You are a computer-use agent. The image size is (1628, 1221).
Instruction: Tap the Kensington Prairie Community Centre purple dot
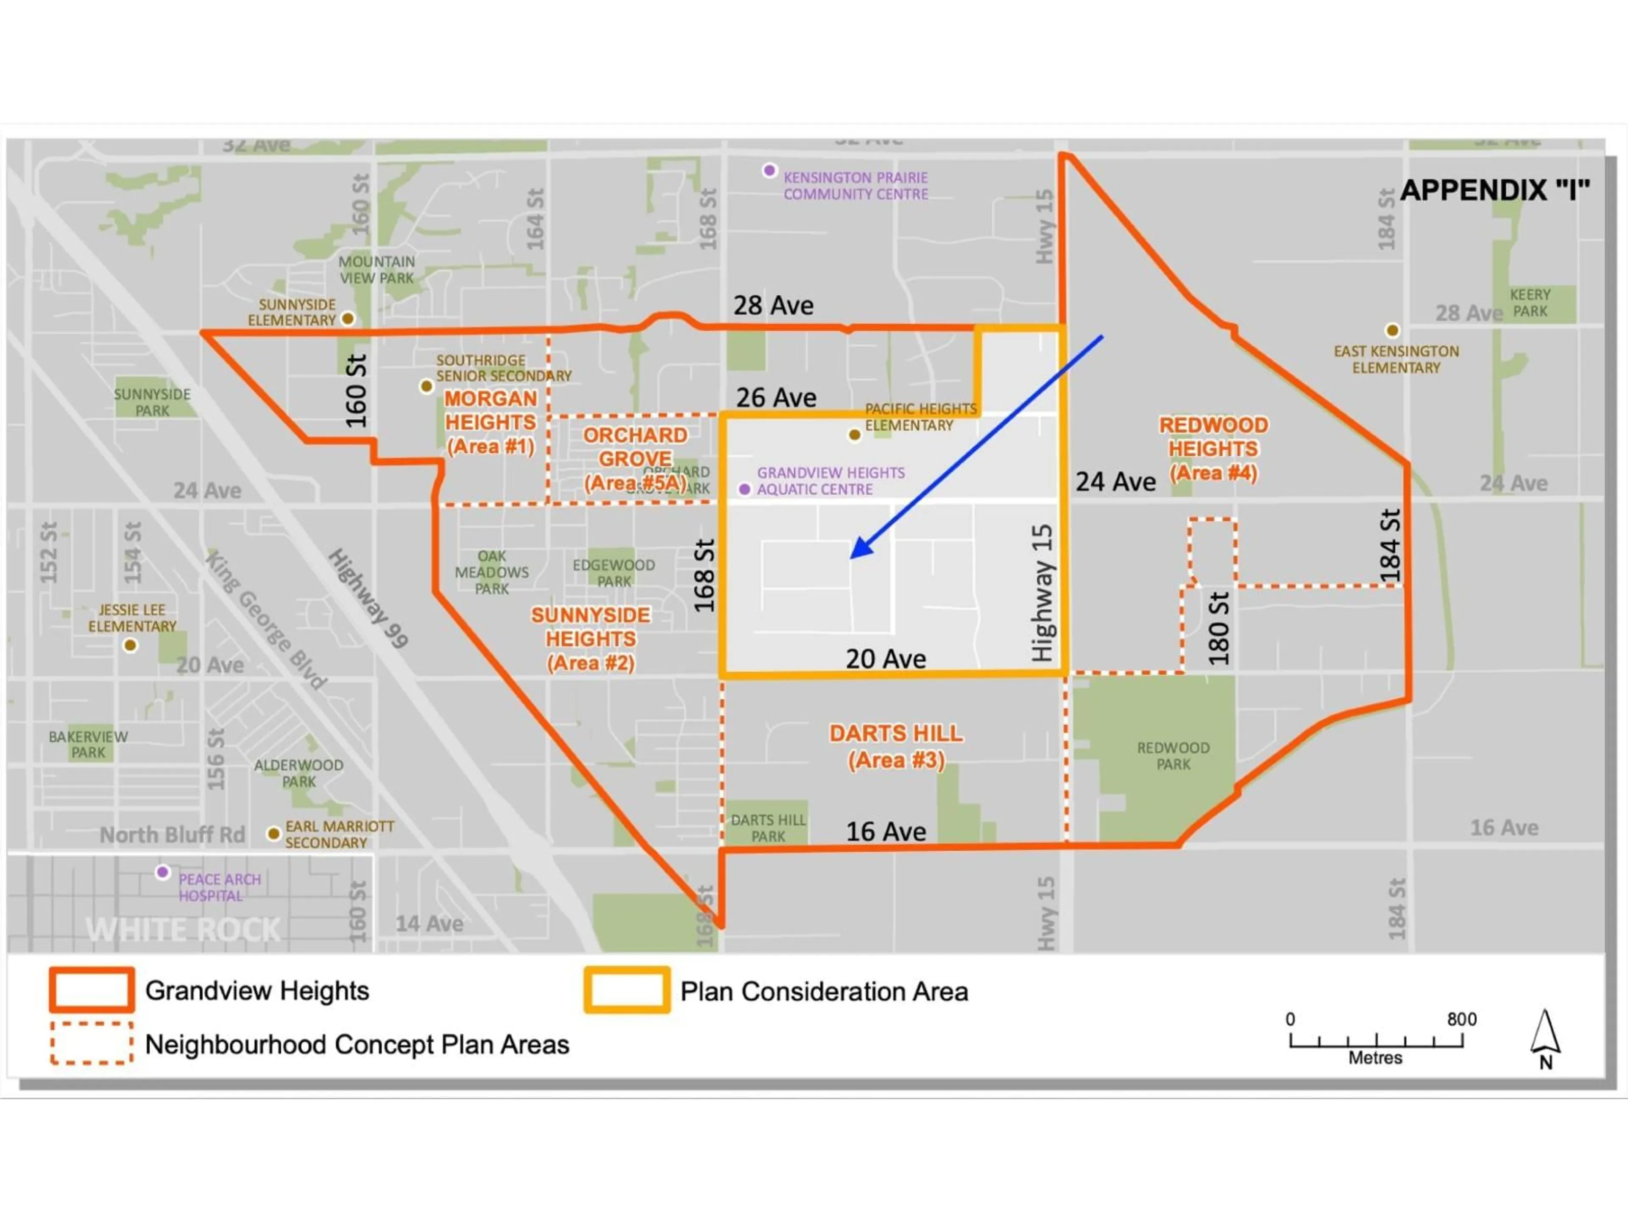(x=769, y=171)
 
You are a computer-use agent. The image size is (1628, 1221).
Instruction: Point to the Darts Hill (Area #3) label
(x=896, y=746)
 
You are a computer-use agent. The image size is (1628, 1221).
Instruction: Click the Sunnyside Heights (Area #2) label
(x=590, y=639)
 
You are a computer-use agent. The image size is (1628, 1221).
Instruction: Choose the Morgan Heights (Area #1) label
(x=490, y=422)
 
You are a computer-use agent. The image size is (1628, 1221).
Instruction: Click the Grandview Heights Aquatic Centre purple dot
(x=745, y=489)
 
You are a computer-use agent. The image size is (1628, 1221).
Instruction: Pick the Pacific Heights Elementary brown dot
(x=854, y=435)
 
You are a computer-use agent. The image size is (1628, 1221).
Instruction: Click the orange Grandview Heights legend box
(x=92, y=990)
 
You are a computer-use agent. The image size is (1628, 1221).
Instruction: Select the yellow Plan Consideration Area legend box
(x=627, y=990)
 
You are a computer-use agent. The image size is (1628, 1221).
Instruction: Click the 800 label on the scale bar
(x=1462, y=1019)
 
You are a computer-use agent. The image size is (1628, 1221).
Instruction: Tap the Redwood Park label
(x=1173, y=756)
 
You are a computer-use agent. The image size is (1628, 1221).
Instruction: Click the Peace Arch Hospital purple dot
(x=163, y=872)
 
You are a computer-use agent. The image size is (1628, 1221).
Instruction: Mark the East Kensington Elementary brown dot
(x=1392, y=330)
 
